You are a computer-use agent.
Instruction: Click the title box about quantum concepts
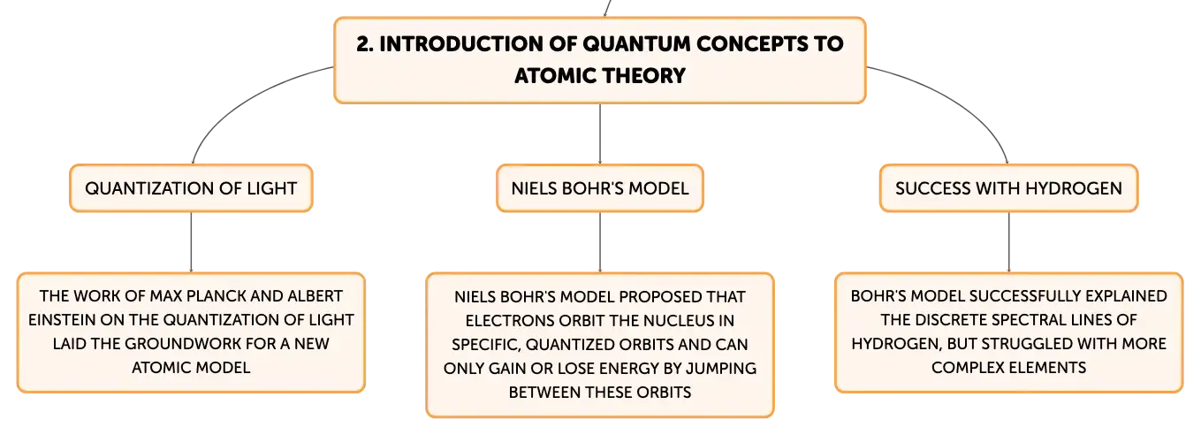(600, 60)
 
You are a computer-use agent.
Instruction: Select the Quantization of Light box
(191, 188)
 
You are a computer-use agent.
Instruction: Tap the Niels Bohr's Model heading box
(600, 188)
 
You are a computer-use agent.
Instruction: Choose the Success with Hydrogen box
(1008, 188)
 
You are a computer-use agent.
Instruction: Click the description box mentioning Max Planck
(191, 332)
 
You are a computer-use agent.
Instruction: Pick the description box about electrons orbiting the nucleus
(600, 345)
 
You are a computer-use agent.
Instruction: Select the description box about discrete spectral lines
(1008, 332)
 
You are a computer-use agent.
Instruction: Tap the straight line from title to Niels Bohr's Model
(600, 134)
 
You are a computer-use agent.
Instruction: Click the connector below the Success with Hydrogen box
(1008, 242)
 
